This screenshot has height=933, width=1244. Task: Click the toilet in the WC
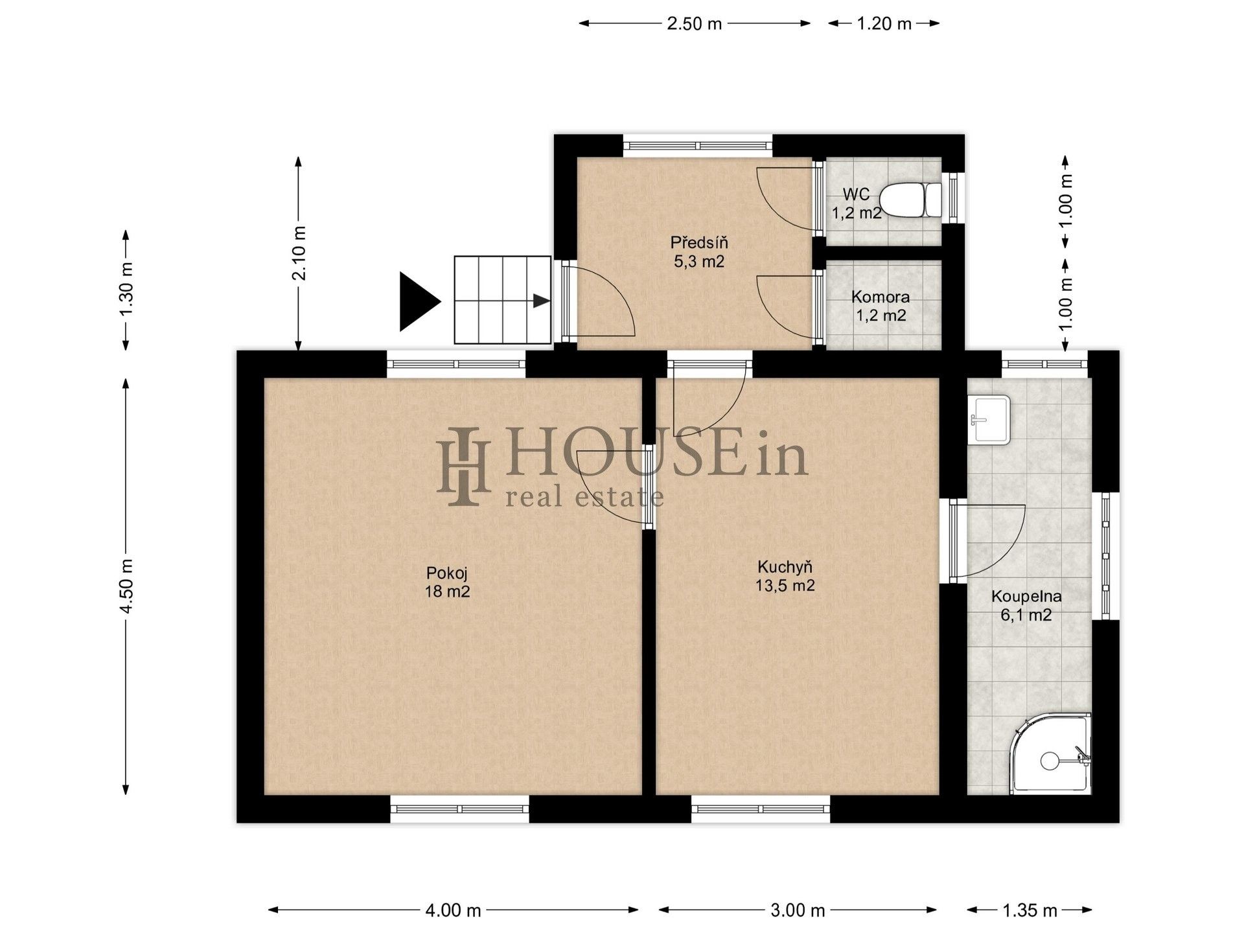point(912,200)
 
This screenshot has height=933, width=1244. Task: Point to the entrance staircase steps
point(501,300)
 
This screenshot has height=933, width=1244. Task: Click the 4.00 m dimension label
point(453,910)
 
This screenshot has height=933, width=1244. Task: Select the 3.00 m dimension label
point(798,910)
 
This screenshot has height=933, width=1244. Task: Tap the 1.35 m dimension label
point(1030,910)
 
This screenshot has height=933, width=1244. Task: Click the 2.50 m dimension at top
point(694,24)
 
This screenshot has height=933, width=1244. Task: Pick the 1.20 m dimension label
point(884,24)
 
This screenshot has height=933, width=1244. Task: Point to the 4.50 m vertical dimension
point(126,586)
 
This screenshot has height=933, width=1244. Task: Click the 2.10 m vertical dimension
point(299,253)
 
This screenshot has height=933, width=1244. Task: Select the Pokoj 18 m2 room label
point(447,582)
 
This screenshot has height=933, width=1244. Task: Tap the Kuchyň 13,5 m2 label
point(785,576)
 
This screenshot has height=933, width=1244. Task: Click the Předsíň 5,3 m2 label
point(698,252)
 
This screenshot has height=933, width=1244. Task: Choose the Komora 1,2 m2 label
point(880,306)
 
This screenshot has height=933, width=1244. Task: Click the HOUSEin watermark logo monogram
point(463,466)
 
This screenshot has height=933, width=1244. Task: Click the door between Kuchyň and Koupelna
point(954,539)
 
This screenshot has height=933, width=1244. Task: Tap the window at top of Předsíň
point(698,145)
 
